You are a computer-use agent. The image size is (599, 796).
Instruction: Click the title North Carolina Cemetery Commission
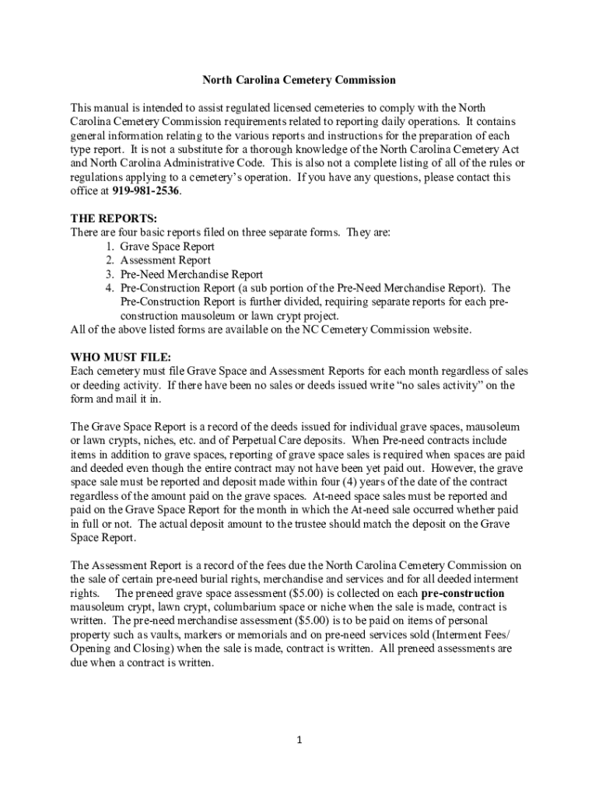coord(299,80)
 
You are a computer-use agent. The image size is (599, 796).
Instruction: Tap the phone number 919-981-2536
coord(141,190)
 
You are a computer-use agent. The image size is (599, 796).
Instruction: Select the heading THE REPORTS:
coord(114,218)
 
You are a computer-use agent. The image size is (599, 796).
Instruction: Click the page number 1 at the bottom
coord(299,740)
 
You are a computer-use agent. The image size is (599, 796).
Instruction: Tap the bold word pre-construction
coord(462,593)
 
